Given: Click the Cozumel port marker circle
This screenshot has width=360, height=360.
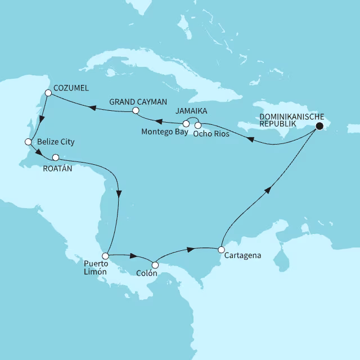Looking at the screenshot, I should [48, 93].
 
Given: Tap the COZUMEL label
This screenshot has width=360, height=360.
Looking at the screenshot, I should [72, 89].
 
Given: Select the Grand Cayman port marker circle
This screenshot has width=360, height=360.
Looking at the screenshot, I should [136, 111].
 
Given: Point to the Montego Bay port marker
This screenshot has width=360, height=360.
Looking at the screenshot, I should [186, 124].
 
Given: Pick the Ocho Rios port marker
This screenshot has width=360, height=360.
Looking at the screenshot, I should [198, 124].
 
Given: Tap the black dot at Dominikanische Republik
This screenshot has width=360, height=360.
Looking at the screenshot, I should [319, 127].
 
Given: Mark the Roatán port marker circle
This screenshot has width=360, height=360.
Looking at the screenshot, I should [55, 157].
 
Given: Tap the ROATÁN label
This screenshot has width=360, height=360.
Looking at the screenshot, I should [58, 168].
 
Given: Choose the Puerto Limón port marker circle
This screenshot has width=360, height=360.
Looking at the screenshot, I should [105, 256].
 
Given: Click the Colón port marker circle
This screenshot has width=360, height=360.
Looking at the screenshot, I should [155, 265].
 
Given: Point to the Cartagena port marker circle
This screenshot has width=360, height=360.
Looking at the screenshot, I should [222, 249].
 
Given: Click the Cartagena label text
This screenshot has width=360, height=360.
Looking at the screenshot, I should [243, 256].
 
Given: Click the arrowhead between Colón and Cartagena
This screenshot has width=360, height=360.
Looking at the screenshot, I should [192, 248].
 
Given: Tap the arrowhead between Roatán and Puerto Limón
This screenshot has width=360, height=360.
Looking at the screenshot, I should [119, 193].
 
